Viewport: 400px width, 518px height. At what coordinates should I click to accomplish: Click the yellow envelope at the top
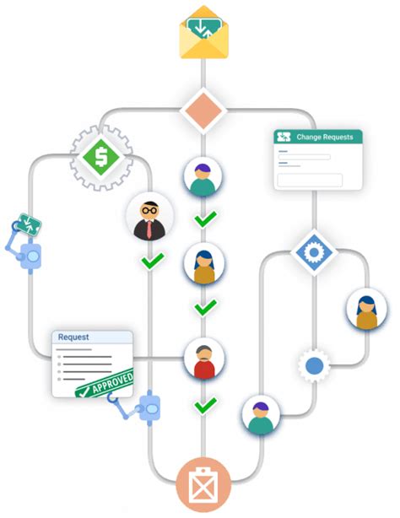point(203,34)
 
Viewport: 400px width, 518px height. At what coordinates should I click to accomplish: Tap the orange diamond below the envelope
point(203,111)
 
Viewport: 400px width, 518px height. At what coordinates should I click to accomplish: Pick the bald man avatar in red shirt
point(203,359)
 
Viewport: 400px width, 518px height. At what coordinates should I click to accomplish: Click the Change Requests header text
point(324,137)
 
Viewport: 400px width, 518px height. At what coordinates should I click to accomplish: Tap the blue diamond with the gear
point(314,251)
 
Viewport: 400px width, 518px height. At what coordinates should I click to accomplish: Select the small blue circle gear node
point(314,366)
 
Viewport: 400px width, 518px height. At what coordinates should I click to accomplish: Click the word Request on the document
point(73,337)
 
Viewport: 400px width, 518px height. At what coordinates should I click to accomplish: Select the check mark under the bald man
point(203,406)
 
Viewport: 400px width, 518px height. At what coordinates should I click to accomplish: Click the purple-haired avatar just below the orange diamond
point(203,175)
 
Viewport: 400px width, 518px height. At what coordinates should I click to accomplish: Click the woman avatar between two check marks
point(203,264)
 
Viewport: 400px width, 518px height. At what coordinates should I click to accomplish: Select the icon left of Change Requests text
point(284,137)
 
